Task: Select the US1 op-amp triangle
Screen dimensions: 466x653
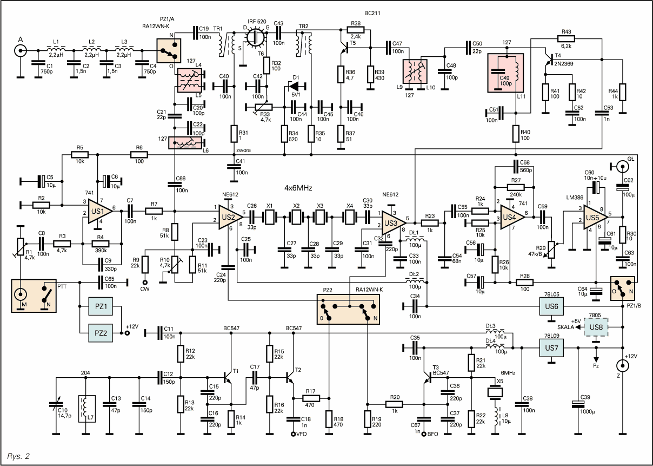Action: pos(99,209)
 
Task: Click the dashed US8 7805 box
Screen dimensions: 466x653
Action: pos(596,327)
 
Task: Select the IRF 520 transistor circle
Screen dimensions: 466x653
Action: pos(254,38)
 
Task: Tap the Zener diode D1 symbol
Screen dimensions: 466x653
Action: pos(294,85)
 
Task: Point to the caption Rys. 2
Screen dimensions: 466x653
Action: pos(19,456)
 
